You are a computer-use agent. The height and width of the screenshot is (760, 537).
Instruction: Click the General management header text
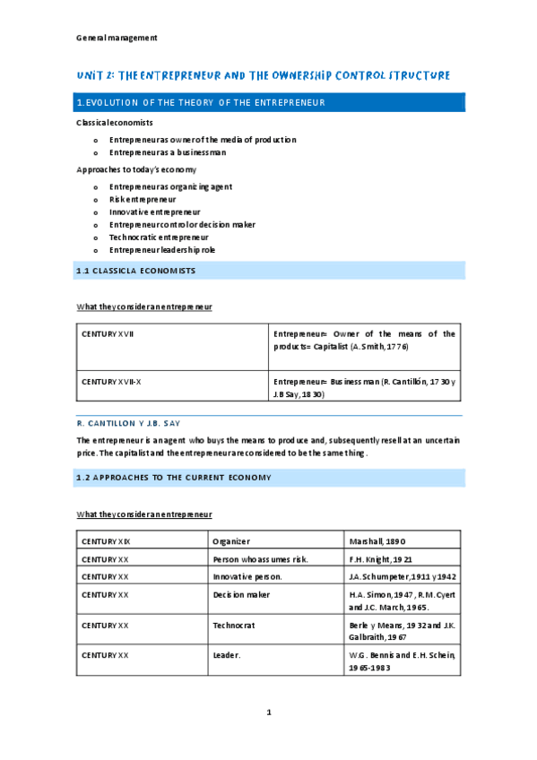coord(117,38)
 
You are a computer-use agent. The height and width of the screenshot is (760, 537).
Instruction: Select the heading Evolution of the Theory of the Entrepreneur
coord(201,103)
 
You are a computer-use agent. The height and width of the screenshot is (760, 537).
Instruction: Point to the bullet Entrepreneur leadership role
coord(162,250)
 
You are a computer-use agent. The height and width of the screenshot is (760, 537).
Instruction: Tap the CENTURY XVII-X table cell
coord(111,382)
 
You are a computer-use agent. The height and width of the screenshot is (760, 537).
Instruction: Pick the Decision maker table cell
coord(241,594)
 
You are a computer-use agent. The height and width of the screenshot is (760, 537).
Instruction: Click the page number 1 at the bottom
coord(268,712)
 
